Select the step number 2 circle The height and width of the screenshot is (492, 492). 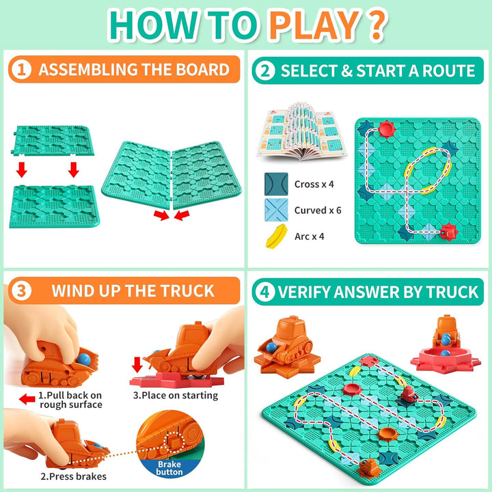pos(263,70)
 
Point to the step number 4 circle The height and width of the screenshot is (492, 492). pos(263,292)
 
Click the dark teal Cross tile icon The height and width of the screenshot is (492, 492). pos(276,184)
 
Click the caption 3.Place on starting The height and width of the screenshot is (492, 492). pos(175,395)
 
